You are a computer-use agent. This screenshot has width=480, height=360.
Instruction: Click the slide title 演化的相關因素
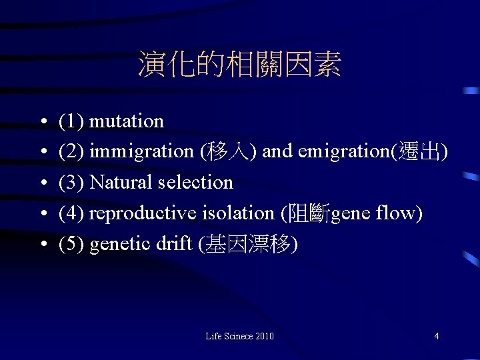pyautogui.click(x=239, y=65)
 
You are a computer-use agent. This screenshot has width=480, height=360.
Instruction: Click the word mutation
pyautogui.click(x=126, y=121)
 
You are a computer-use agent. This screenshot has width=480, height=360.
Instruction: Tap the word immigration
pyautogui.click(x=141, y=152)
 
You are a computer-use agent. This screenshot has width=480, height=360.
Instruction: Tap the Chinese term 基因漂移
pyautogui.click(x=248, y=244)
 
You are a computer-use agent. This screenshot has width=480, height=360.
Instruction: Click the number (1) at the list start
pyautogui.click(x=71, y=121)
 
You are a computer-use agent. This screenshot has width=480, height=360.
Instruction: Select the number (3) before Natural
pyautogui.click(x=71, y=183)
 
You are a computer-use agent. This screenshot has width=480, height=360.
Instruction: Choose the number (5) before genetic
pyautogui.click(x=71, y=244)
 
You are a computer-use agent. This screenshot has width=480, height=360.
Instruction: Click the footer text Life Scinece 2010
pyautogui.click(x=239, y=336)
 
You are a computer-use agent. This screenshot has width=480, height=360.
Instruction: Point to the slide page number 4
pyautogui.click(x=436, y=336)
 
